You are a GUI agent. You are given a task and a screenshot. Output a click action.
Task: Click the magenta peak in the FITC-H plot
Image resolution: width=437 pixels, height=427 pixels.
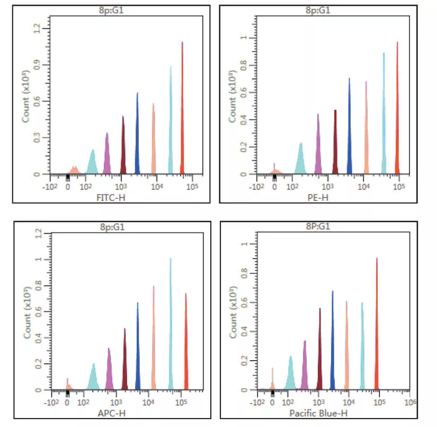(107, 156)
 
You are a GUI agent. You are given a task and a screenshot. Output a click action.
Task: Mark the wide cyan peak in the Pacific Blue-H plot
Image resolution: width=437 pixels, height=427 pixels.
(291, 377)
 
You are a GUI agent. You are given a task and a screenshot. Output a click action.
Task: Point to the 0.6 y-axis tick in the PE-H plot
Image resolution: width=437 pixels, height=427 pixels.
(243, 92)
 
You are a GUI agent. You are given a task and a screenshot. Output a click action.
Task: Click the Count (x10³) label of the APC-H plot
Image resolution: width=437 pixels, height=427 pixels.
(26, 313)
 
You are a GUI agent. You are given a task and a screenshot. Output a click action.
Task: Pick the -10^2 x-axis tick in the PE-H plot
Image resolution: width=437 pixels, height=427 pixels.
(256, 187)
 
